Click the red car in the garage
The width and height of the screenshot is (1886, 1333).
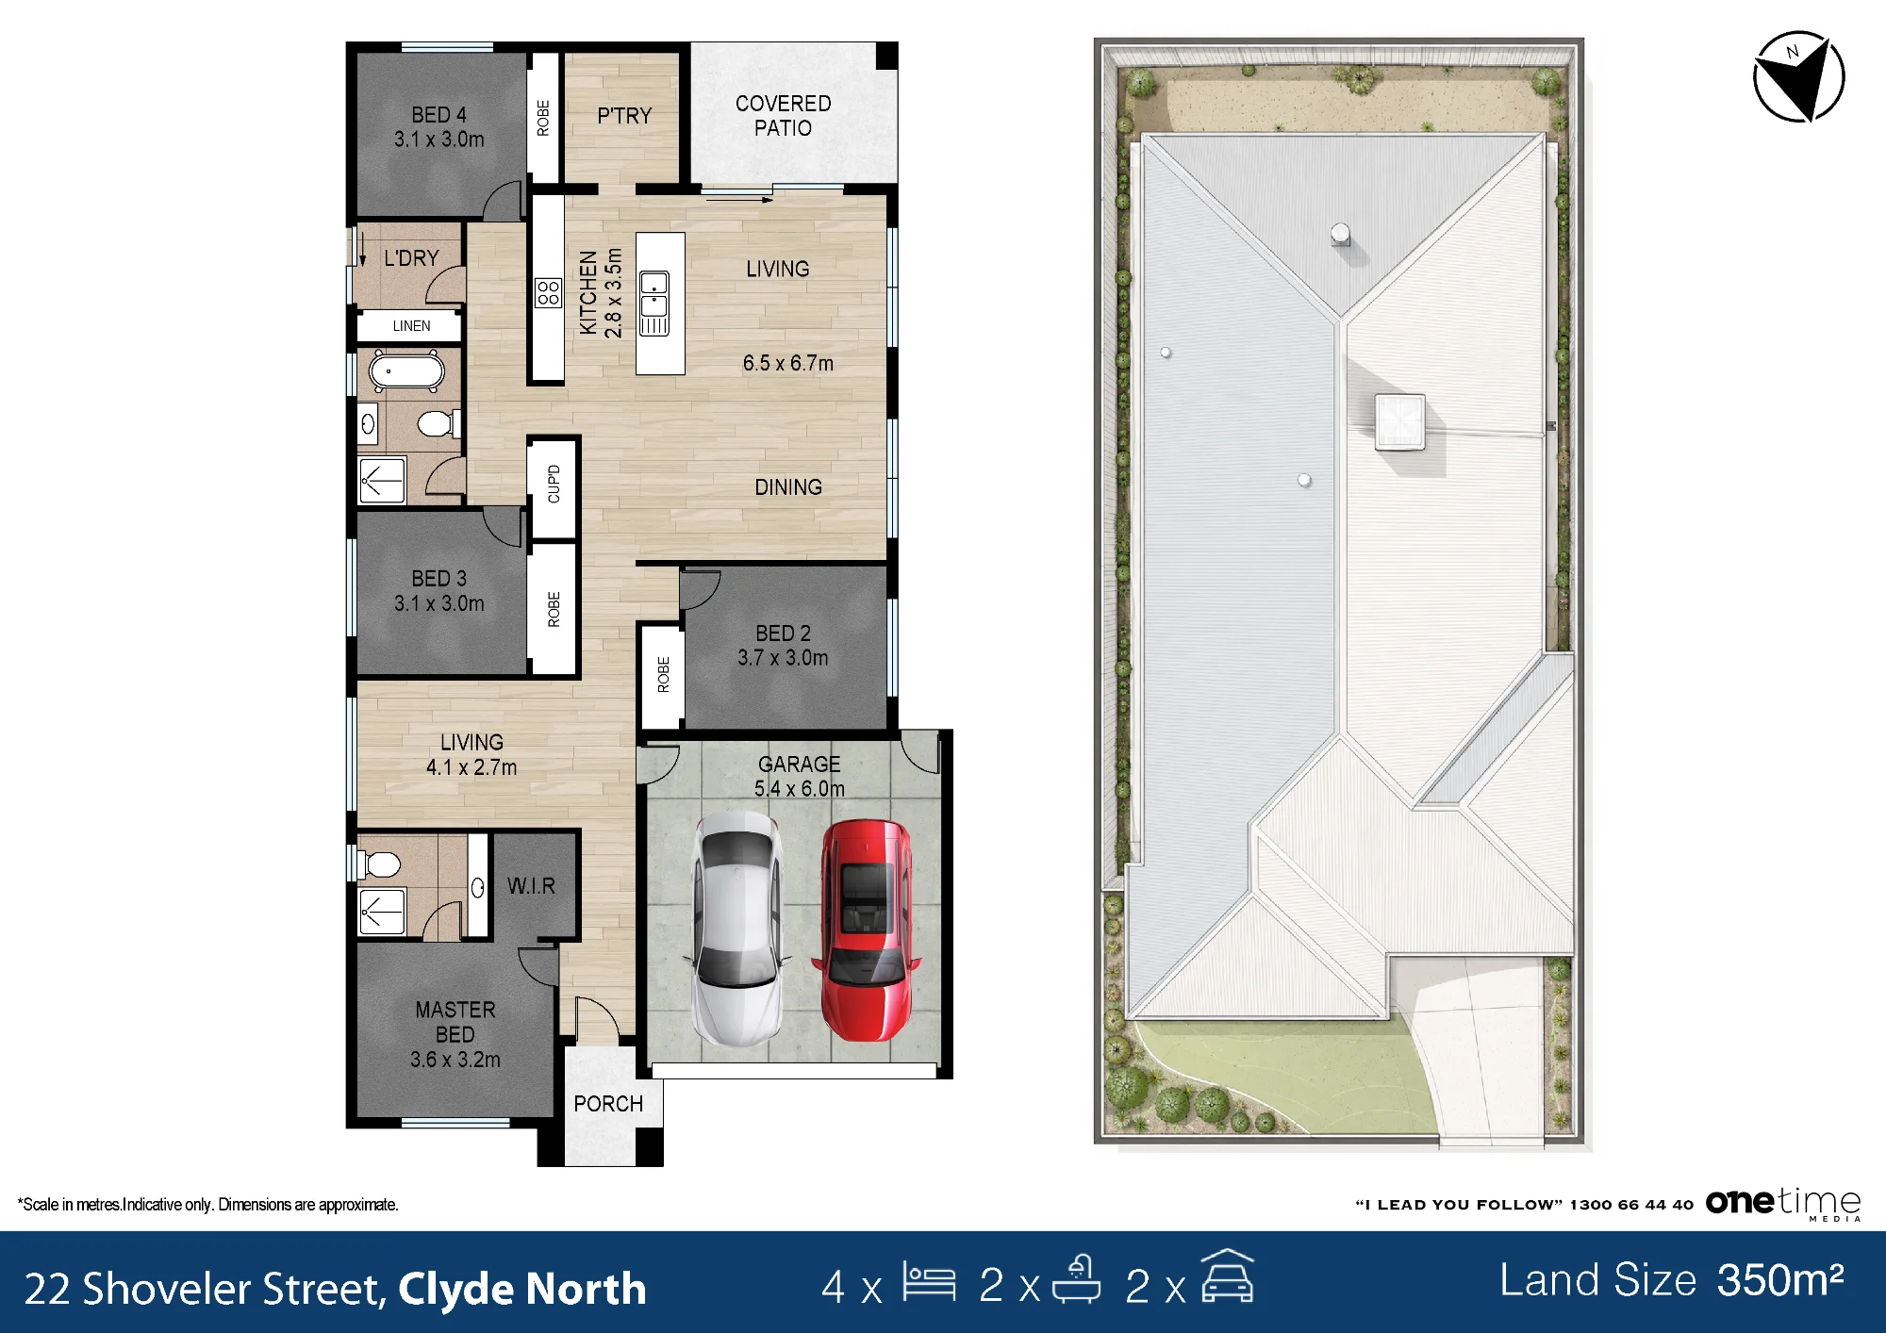click(x=865, y=930)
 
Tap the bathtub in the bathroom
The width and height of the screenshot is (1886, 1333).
click(x=406, y=371)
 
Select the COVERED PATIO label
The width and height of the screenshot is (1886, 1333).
click(x=784, y=115)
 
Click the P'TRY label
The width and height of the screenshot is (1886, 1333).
click(x=624, y=116)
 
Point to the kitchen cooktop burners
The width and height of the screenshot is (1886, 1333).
click(x=548, y=293)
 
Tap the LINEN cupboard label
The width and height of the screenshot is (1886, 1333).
click(x=411, y=326)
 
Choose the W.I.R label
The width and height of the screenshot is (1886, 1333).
click(x=531, y=886)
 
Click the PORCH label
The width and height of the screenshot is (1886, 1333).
click(x=608, y=1104)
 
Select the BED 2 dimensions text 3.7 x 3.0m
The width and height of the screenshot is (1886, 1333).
click(x=783, y=658)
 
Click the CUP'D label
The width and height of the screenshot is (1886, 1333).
click(x=554, y=484)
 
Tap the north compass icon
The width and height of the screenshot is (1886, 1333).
click(x=1798, y=77)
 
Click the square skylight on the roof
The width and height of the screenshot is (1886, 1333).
click(x=1400, y=421)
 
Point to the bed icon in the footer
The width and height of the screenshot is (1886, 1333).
click(x=929, y=1282)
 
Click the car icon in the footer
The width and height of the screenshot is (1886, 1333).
click(x=1227, y=1276)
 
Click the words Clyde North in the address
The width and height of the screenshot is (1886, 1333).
click(x=522, y=1290)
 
